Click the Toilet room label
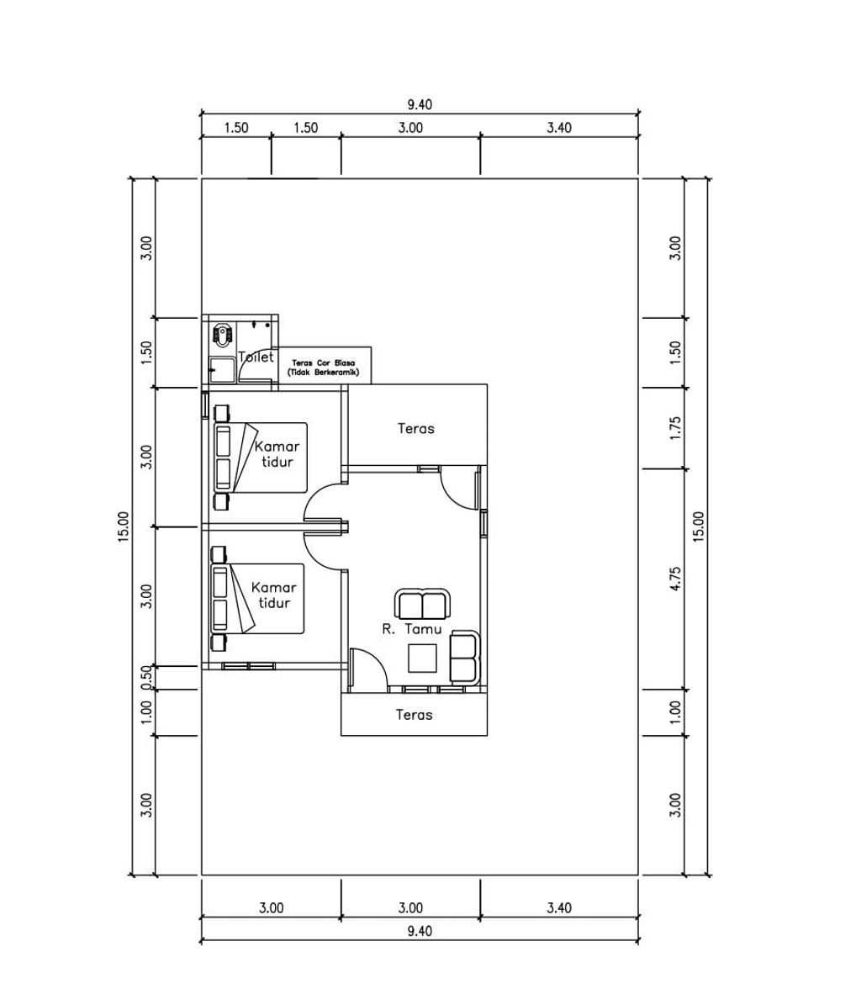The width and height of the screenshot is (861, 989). click(256, 357)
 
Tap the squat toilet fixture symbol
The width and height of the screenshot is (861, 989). click(221, 335)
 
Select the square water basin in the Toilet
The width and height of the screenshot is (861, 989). click(222, 370)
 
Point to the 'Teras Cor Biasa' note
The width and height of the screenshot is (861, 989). click(323, 368)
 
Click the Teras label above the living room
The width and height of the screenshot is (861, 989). click(415, 428)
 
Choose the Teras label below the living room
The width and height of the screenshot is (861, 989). click(414, 715)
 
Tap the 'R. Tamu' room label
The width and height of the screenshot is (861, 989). click(412, 629)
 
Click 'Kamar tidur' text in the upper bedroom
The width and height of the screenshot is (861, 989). click(277, 453)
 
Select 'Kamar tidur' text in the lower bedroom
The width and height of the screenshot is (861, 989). click(274, 595)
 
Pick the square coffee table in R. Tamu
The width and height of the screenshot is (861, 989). click(423, 658)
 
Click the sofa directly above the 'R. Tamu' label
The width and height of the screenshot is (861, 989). click(423, 604)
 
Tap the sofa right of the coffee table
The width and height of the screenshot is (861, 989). click(464, 658)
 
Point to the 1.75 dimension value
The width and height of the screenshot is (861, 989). click(675, 428)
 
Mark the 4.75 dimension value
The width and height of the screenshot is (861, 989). click(675, 579)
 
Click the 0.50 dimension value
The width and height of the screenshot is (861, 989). click(146, 677)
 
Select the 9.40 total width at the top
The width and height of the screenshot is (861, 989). click(420, 104)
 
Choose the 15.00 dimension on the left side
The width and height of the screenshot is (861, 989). click(123, 526)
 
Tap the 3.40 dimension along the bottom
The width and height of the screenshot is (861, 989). click(559, 907)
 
